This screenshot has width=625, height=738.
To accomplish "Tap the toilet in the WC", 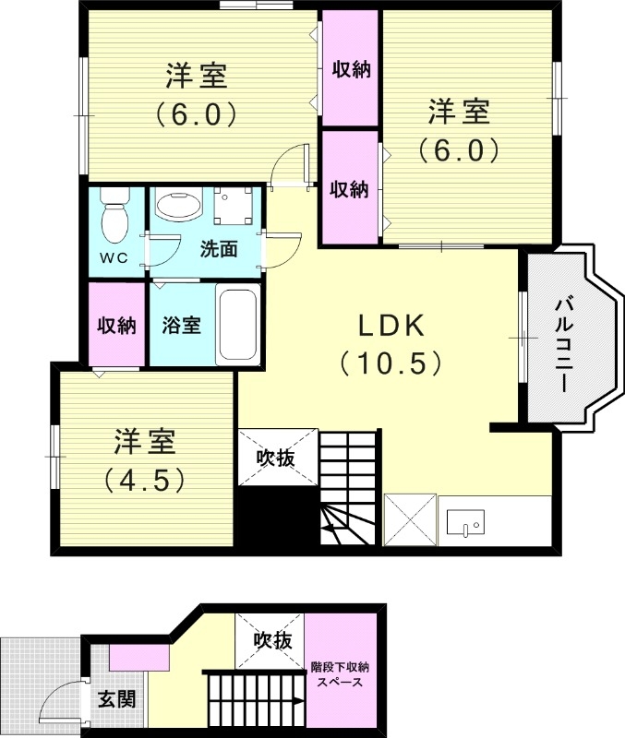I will pos(114,218).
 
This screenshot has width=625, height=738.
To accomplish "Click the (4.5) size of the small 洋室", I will pos(145,480).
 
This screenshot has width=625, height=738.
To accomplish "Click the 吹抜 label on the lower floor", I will pos(274,639).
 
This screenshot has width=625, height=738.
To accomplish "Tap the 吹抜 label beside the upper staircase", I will pos(274,456).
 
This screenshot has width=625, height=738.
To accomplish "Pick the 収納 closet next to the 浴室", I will pos(117,325).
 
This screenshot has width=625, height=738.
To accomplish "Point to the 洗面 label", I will pos(220,248).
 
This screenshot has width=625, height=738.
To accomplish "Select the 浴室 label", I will pos(181,326).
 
